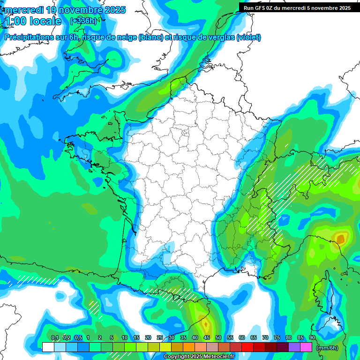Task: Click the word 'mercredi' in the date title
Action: [24, 10]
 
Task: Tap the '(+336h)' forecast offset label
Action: [83, 21]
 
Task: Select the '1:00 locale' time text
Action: [33, 21]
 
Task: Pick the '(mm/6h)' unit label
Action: [327, 348]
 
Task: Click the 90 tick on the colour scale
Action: [312, 337]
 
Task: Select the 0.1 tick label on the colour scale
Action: [55, 337]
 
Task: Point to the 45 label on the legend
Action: [207, 337]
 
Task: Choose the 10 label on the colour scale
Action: [125, 337]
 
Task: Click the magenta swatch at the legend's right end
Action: [306, 347]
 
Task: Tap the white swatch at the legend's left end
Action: [48, 347]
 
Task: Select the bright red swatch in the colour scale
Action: [247, 347]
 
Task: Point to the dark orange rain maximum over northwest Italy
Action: [340, 240]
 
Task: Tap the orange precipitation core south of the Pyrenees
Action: [205, 323]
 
